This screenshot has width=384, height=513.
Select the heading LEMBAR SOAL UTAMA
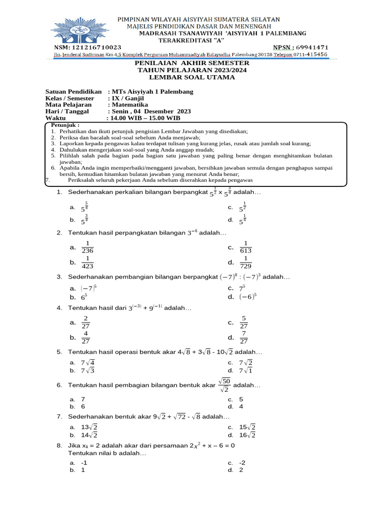tap(192, 77)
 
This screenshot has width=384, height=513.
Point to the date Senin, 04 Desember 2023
tap(150, 111)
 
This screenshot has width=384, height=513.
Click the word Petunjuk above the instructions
tap(65, 125)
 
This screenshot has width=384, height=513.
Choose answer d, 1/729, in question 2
tap(246, 262)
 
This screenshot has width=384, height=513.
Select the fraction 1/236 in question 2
tap(87, 247)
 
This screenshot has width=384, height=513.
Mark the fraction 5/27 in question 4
tap(244, 322)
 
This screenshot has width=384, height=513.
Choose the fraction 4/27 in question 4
tap(86, 337)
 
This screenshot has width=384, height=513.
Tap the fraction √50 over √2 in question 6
tap(224, 385)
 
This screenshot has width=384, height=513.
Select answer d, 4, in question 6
tap(241, 407)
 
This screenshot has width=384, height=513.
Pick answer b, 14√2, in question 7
tap(89, 435)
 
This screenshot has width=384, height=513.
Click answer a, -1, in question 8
tap(84, 462)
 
